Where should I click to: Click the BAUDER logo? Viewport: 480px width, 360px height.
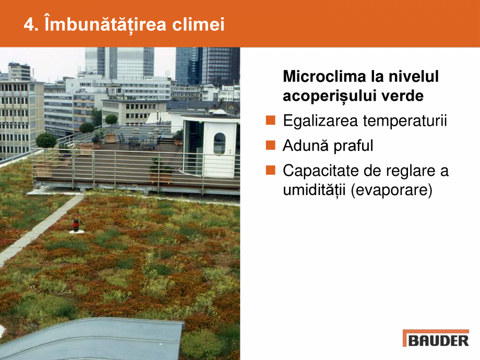436,338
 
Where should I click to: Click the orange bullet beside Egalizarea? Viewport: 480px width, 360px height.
270,121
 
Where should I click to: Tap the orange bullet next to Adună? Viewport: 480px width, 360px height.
270,146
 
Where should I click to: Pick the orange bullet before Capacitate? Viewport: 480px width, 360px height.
270,170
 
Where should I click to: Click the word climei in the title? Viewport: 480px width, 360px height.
201,25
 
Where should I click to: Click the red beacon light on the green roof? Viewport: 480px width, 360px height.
76,225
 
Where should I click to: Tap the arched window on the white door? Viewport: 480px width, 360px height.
219,143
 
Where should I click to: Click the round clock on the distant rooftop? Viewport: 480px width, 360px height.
168,74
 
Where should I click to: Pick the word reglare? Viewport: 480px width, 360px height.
407,171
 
